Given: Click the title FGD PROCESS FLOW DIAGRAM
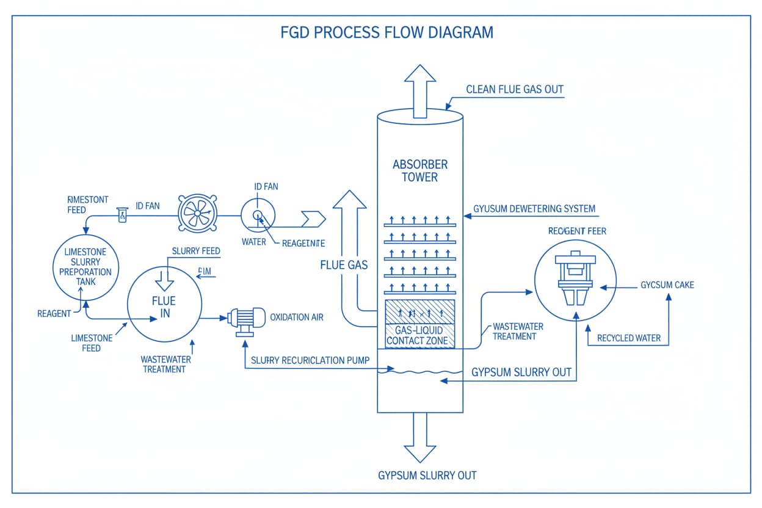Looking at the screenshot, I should (x=386, y=32).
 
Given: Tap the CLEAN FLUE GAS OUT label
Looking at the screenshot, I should (x=514, y=90).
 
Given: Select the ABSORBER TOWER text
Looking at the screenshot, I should (x=420, y=171).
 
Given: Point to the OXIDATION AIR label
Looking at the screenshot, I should (x=297, y=317).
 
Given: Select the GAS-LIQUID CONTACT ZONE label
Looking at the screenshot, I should (x=420, y=335).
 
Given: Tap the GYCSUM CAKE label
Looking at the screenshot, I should (x=667, y=285).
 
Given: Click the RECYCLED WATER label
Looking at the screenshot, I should (x=628, y=338).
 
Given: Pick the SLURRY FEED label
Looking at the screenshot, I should (x=196, y=251).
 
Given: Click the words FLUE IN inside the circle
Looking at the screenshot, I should (x=164, y=307).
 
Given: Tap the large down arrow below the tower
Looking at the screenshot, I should (x=419, y=437).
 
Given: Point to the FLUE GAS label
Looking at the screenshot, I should (x=344, y=265).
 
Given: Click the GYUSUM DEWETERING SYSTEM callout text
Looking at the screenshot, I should (x=534, y=209).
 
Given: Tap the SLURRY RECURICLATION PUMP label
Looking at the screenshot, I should (x=310, y=360).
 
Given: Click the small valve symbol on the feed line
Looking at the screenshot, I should (x=122, y=214).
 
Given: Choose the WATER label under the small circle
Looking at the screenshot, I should (x=254, y=242).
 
